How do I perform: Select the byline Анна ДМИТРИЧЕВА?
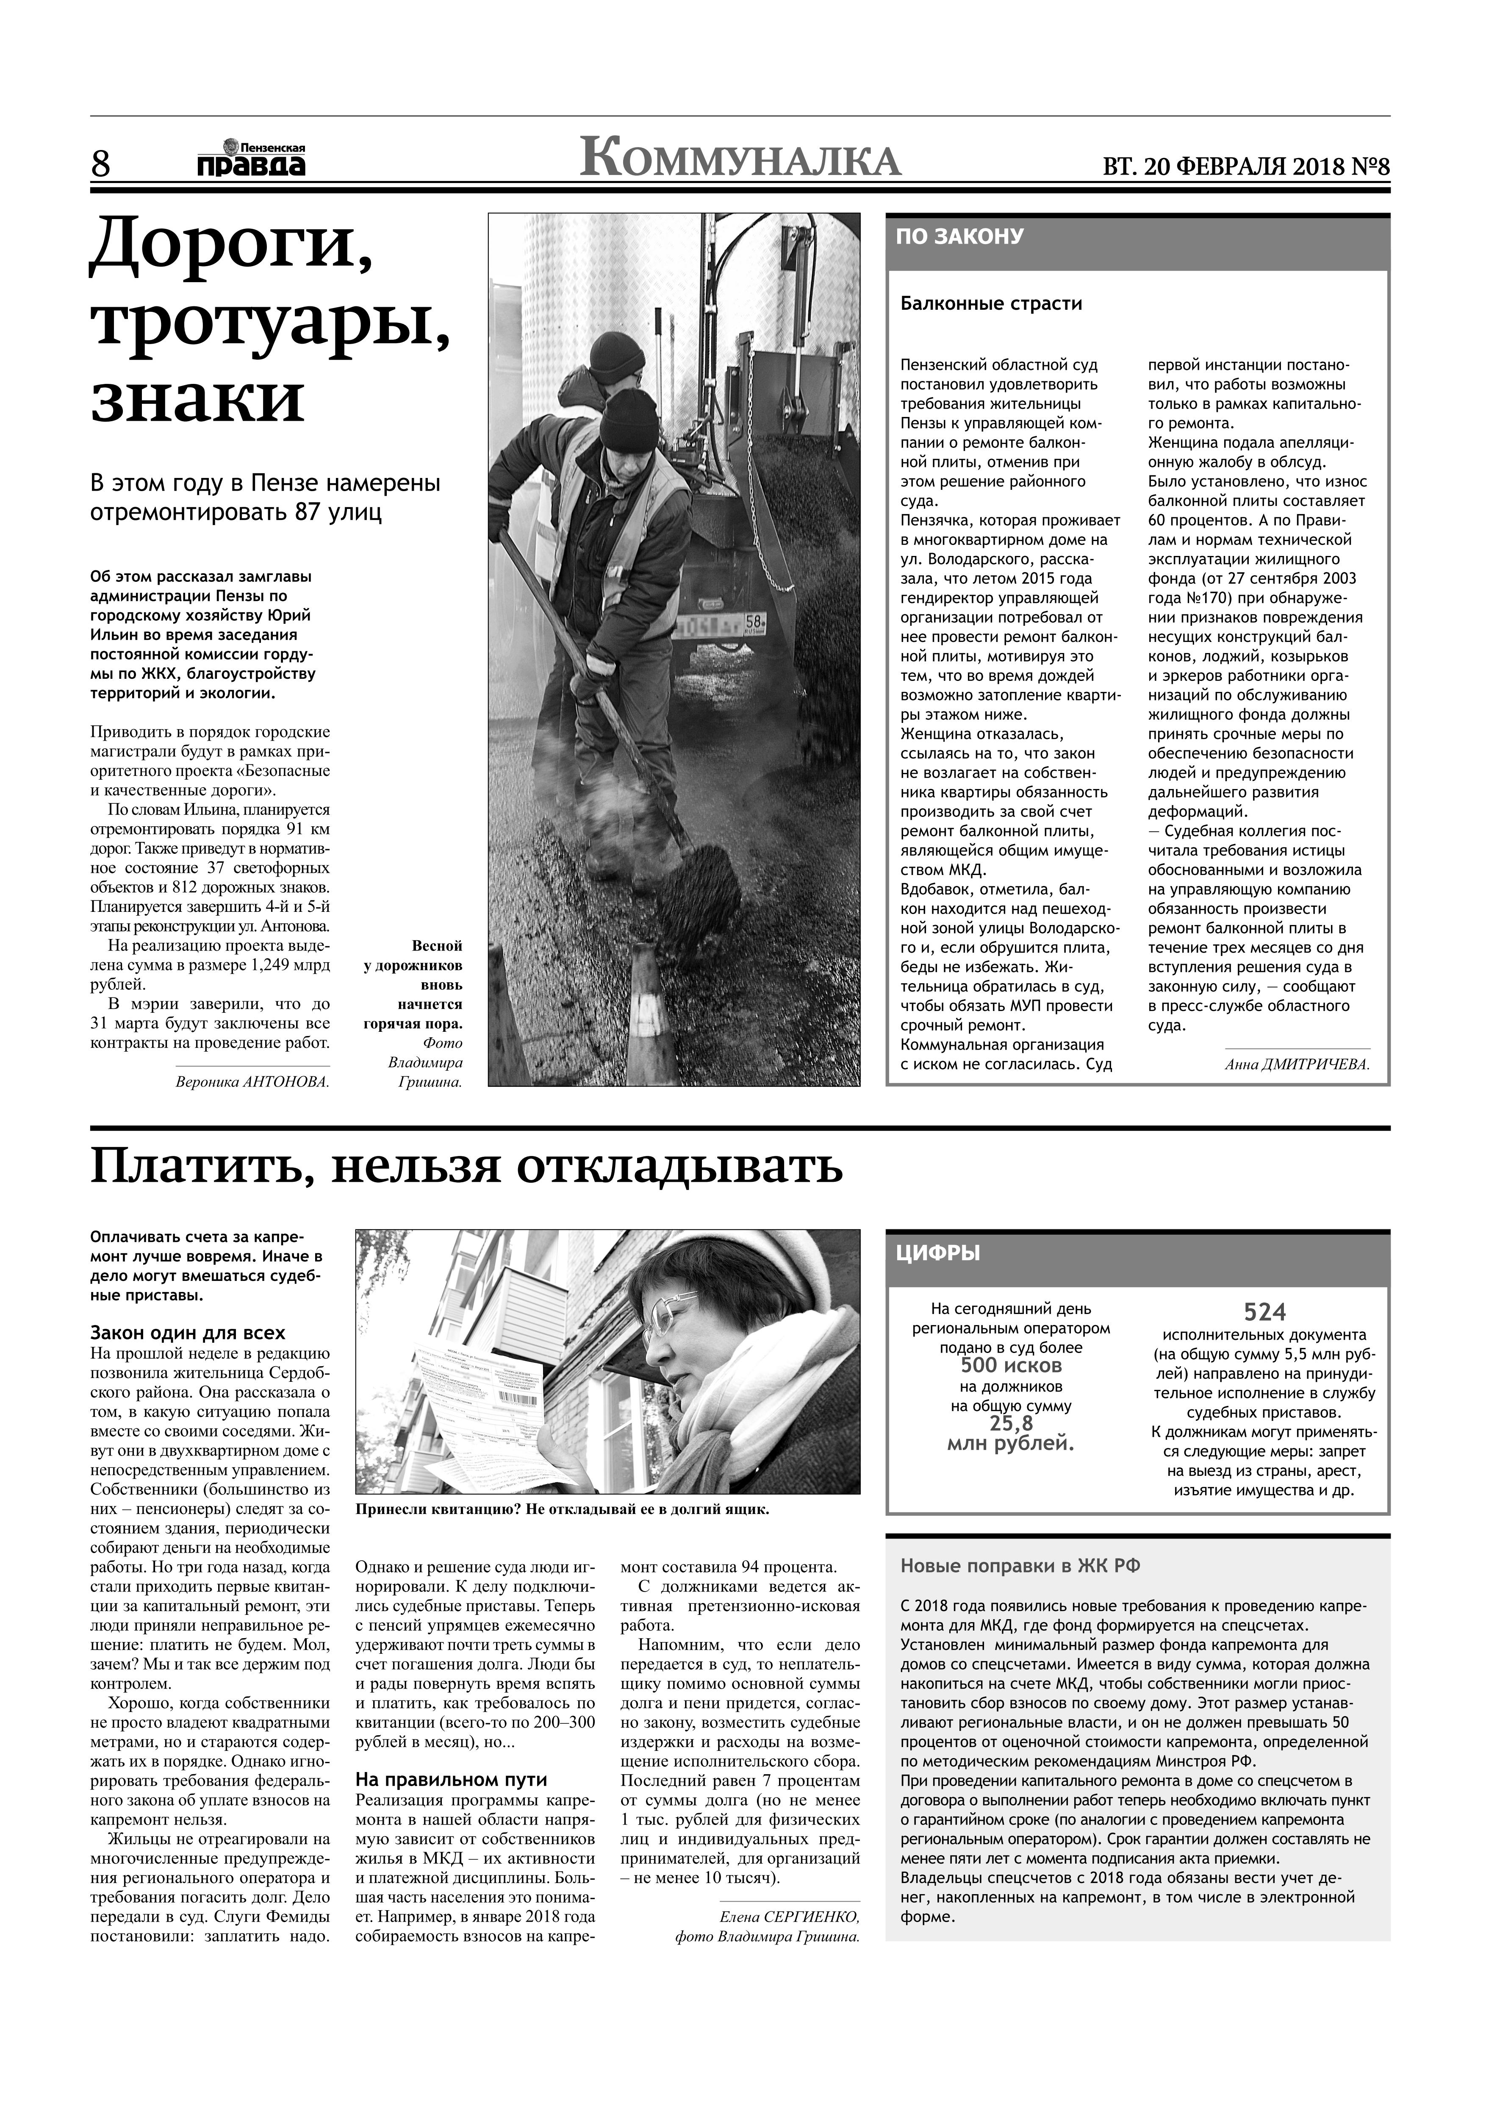[x=1297, y=1064]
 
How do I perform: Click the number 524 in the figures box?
[x=1264, y=1311]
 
